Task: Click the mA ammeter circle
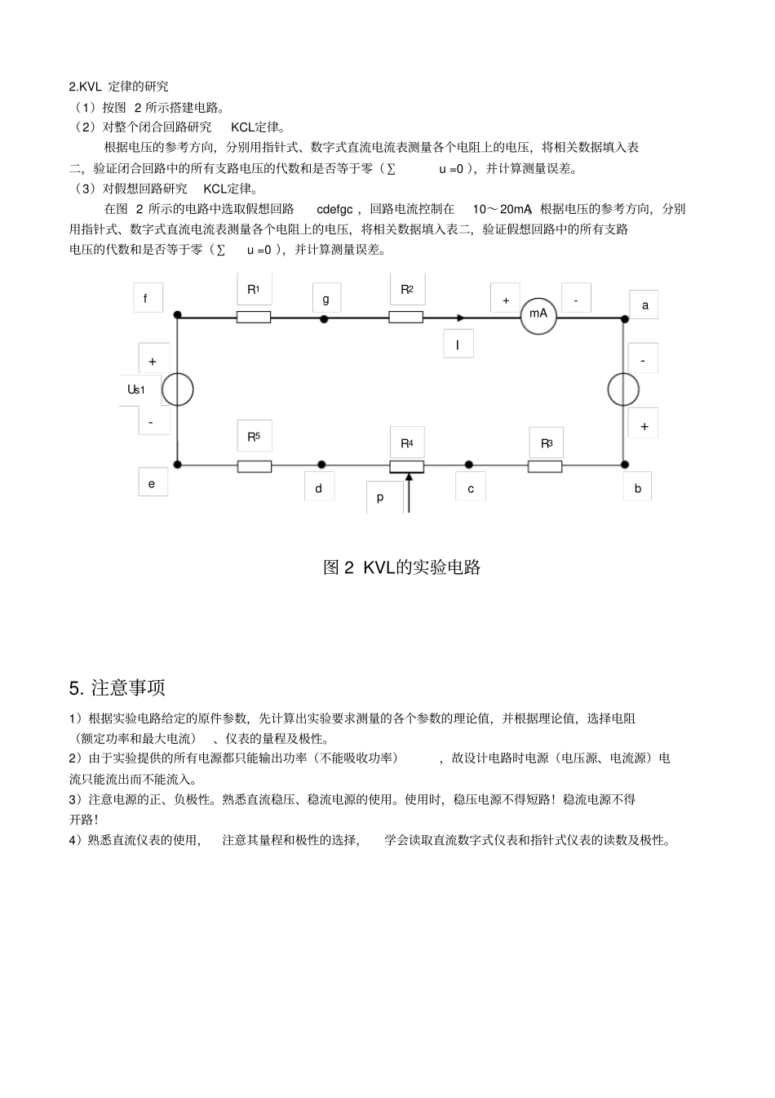(x=538, y=315)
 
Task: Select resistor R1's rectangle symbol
(x=254, y=317)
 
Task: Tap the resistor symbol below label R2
(x=405, y=317)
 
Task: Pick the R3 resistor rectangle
(x=544, y=466)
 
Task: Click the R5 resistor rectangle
(x=255, y=466)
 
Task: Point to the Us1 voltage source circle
(x=177, y=390)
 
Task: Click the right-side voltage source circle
(x=624, y=390)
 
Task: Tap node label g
(x=325, y=299)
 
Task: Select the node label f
(x=146, y=299)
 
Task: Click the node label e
(x=151, y=483)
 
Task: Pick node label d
(x=318, y=488)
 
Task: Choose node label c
(x=471, y=488)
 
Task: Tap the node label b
(x=638, y=488)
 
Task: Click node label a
(x=644, y=305)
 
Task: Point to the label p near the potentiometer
(x=380, y=496)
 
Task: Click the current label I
(x=458, y=345)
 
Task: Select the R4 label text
(x=406, y=443)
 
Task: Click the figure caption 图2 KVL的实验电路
(x=401, y=567)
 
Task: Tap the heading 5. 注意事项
(x=117, y=687)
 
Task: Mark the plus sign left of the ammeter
(x=506, y=300)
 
